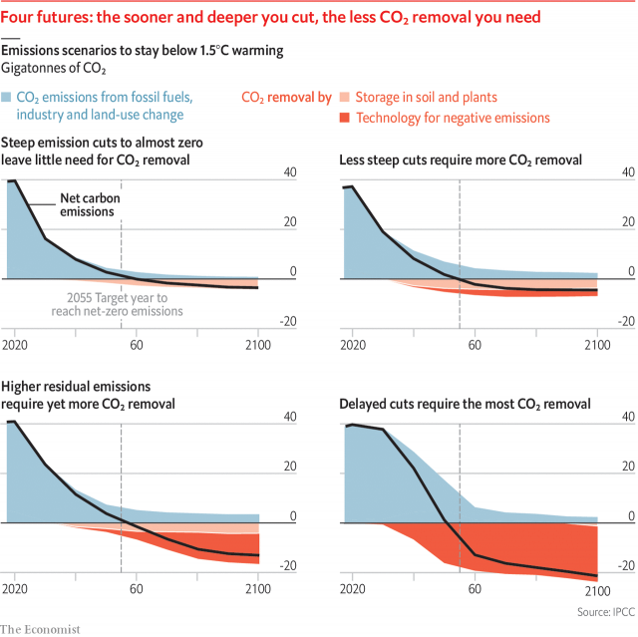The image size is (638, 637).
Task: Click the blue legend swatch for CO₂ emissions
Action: [x=8, y=97]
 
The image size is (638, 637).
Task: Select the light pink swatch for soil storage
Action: [x=345, y=97]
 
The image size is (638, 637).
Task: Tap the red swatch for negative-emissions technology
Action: [x=345, y=118]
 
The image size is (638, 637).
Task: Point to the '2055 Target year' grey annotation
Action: [x=125, y=303]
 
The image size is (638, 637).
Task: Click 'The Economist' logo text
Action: [x=40, y=628]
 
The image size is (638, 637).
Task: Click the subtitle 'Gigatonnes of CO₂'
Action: [x=55, y=68]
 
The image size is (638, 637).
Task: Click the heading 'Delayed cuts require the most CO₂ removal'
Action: [x=465, y=404]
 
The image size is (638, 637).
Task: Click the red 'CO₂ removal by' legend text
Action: [x=286, y=97]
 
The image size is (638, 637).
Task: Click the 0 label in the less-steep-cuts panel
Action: [x=628, y=271]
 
